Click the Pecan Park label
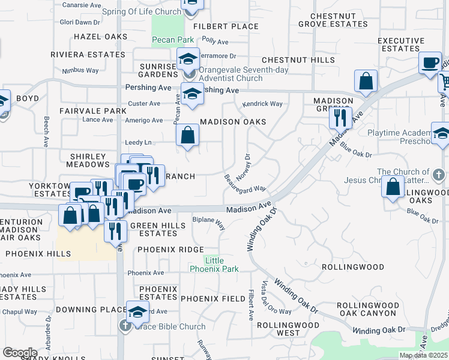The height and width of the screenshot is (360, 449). point(172,40)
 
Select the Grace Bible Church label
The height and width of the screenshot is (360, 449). point(170,327)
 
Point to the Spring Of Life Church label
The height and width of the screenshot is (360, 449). point(150,11)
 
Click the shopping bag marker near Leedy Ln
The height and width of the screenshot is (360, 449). point(188,136)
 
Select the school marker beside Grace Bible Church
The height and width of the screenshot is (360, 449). point(137,313)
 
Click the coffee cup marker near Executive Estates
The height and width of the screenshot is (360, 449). point(430,64)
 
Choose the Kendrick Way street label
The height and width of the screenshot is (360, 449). point(262,104)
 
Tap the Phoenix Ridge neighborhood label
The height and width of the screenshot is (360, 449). point(170,249)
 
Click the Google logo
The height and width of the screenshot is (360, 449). point(20,352)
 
